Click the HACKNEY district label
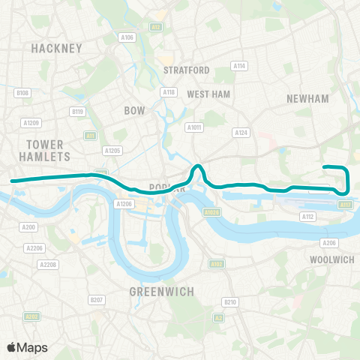(56, 48)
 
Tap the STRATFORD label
(187, 70)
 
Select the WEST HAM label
(208, 94)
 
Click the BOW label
(134, 110)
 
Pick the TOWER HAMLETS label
(48, 150)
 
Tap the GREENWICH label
(163, 291)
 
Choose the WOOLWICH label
(331, 259)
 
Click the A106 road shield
(127, 37)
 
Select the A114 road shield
(239, 66)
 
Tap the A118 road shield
(168, 92)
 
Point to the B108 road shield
(22, 93)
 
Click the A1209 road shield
(31, 122)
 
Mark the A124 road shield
(241, 133)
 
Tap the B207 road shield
(97, 300)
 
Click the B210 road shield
(229, 301)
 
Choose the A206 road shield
(328, 243)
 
